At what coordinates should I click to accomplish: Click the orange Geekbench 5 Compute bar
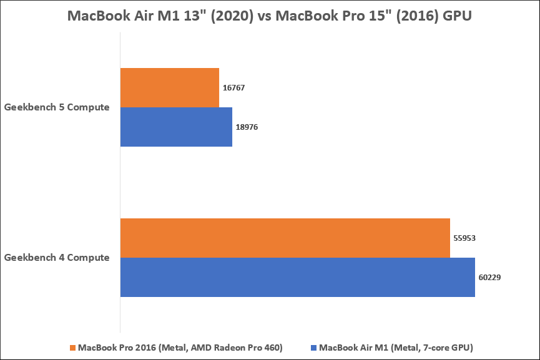tap(169, 87)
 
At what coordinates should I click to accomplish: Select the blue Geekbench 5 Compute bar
tap(176, 127)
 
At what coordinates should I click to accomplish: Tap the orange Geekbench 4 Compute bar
tap(285, 238)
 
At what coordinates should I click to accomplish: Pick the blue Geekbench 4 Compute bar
tap(297, 277)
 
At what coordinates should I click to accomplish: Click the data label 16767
tap(233, 88)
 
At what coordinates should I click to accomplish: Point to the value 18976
tap(247, 127)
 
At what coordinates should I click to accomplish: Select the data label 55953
tap(464, 238)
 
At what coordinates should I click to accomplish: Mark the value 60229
tap(489, 277)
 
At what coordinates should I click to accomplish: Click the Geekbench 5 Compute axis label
tap(57, 107)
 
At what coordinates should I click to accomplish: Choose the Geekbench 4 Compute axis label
tap(57, 257)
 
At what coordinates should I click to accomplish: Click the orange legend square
tap(72, 347)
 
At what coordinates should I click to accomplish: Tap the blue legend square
tap(314, 347)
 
